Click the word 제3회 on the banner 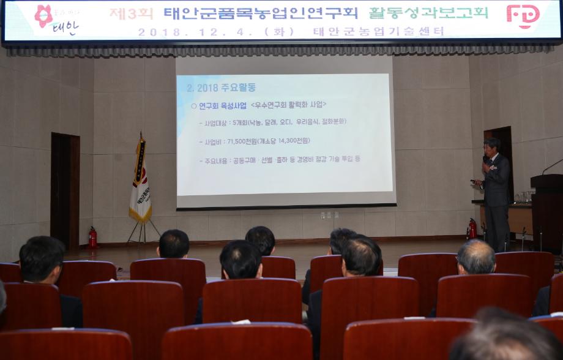click(131, 13)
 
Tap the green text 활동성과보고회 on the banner click(428, 13)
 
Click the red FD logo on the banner click(523, 15)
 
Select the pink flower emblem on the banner click(43, 15)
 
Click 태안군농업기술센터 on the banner click(378, 32)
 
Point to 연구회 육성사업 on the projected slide click(222, 106)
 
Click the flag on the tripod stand click(140, 181)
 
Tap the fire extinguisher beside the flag click(92, 238)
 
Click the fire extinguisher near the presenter click(472, 228)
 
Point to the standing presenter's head click(491, 146)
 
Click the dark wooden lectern click(546, 211)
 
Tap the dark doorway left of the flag click(65, 190)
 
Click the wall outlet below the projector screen click(329, 216)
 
